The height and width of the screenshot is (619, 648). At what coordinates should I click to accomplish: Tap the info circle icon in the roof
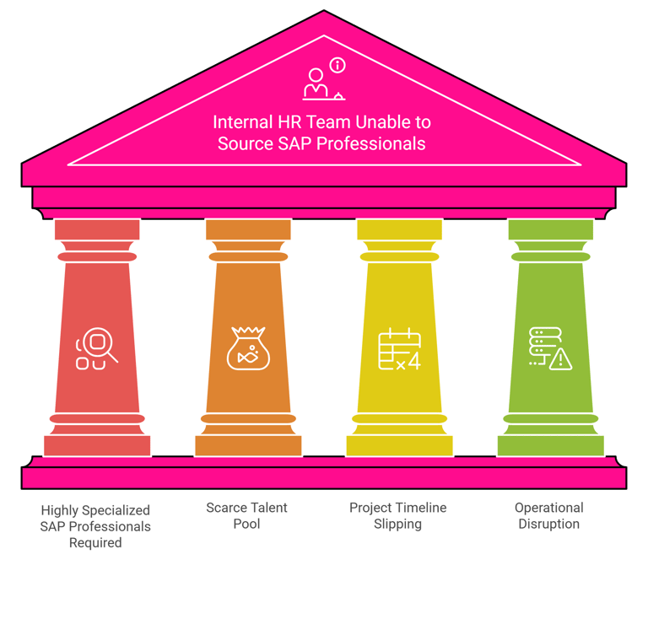[x=337, y=65]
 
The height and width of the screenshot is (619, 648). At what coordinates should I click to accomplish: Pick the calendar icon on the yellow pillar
[x=397, y=347]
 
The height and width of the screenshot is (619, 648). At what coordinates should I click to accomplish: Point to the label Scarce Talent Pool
[x=246, y=515]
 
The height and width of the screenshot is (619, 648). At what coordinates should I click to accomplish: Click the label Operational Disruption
[x=548, y=515]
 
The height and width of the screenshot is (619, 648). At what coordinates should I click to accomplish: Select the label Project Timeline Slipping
[x=397, y=515]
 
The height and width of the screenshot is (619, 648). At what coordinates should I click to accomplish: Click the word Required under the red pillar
[x=95, y=542]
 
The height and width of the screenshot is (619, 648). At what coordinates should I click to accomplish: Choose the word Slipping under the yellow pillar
[x=397, y=524]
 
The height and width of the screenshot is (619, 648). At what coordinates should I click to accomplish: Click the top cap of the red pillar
[x=96, y=229]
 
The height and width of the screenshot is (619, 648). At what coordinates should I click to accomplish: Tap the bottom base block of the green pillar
[x=550, y=444]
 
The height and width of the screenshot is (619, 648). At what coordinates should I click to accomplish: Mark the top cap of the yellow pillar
[x=399, y=229]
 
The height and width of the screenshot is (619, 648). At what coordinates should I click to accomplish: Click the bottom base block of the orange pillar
[x=248, y=444]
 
